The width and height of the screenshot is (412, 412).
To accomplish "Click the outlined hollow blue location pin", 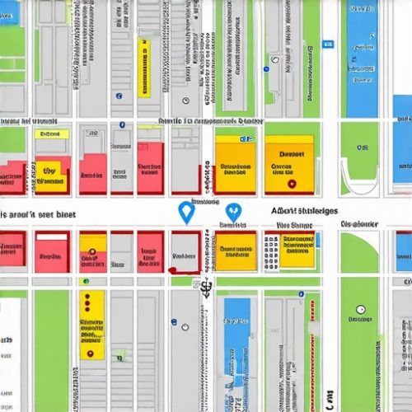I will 186,213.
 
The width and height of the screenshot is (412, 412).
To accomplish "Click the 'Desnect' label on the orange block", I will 292,153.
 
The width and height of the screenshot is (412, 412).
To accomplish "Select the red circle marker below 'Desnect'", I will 290,183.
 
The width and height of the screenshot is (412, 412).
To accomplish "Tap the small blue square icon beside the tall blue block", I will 327,43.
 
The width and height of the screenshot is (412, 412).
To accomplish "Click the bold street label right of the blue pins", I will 304,211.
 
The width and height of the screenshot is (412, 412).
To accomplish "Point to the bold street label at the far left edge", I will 36,213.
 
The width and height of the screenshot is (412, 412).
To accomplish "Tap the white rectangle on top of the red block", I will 52,237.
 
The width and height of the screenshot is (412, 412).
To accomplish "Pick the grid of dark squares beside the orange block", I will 269,250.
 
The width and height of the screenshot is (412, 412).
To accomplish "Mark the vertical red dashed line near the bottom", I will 312,363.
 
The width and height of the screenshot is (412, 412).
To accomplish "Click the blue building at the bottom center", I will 236,330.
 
